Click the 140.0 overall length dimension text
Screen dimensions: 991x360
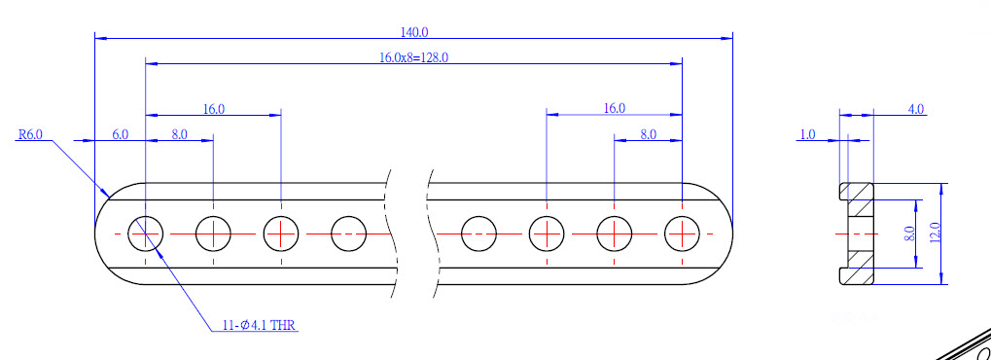[414, 32]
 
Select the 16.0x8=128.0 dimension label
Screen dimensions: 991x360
[414, 57]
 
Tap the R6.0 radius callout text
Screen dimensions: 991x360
[30, 134]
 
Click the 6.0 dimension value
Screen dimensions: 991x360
[121, 134]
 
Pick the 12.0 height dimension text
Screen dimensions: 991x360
[936, 233]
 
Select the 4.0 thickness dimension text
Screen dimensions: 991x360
[916, 109]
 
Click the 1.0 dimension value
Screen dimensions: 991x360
[808, 134]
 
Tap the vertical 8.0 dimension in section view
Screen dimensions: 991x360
[909, 234]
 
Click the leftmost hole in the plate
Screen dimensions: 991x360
[145, 234]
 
